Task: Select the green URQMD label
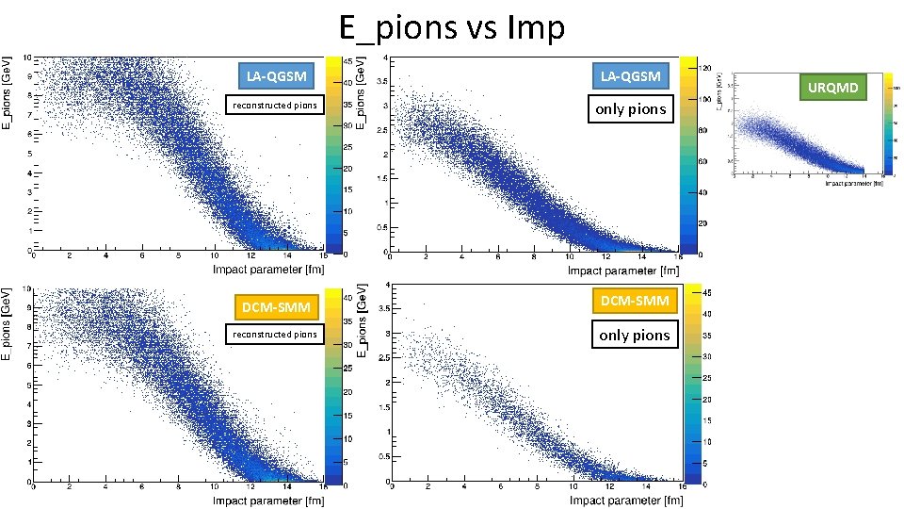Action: click(x=832, y=88)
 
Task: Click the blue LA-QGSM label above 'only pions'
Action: click(x=631, y=74)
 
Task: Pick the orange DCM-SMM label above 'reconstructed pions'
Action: click(x=275, y=307)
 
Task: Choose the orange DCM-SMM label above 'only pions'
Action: click(x=635, y=301)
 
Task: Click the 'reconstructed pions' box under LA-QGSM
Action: click(x=275, y=105)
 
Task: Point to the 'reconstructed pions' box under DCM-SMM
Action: click(x=275, y=334)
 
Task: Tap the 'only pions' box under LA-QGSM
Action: click(x=631, y=109)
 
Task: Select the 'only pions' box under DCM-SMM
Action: click(x=635, y=335)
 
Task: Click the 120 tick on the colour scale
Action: click(x=704, y=68)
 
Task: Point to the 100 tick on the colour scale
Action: click(x=704, y=99)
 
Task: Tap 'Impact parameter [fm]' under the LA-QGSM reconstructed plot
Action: click(x=268, y=270)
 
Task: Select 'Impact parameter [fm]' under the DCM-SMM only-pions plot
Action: click(x=627, y=501)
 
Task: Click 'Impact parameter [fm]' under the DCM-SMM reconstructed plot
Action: click(x=268, y=501)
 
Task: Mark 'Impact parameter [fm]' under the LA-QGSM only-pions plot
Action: click(x=624, y=270)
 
